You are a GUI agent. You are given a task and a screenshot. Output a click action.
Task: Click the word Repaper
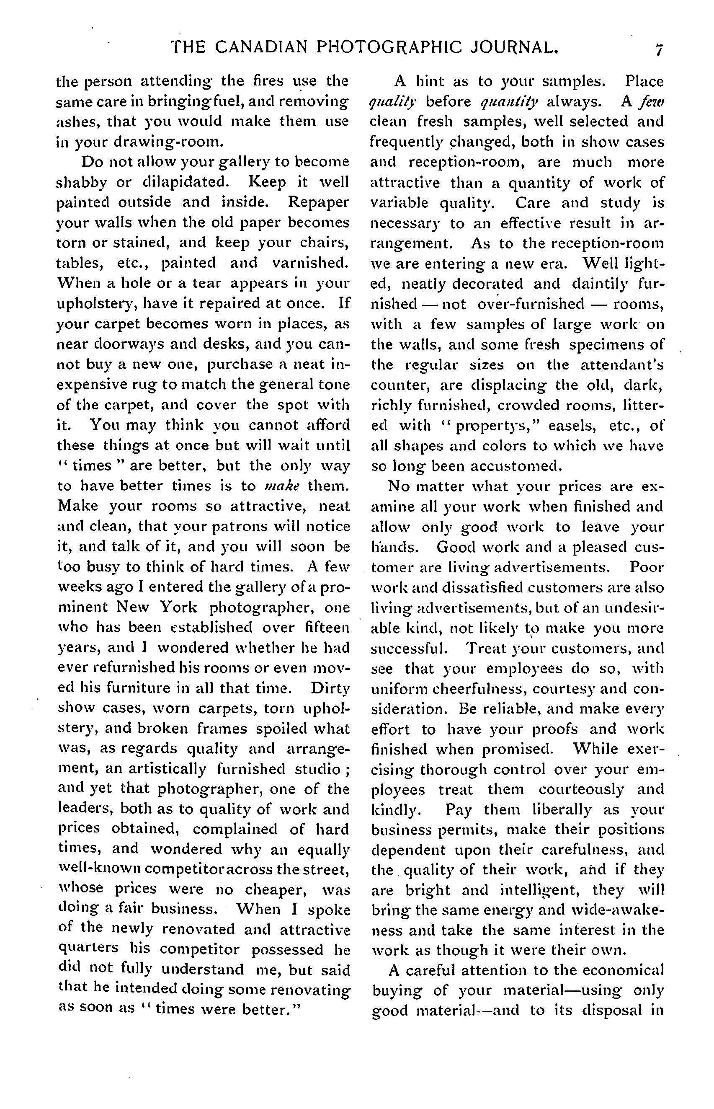pos(318,203)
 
